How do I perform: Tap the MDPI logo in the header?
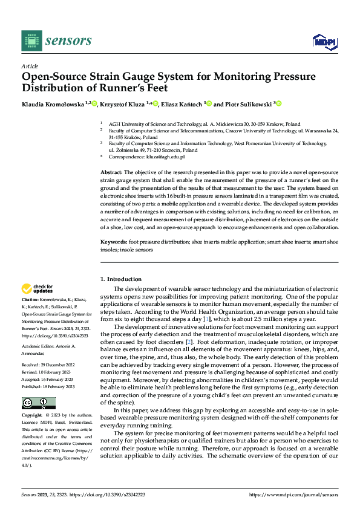click(x=323, y=41)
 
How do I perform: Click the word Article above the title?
click(x=30, y=66)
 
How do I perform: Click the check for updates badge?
click(x=37, y=289)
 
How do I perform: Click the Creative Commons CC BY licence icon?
click(x=38, y=403)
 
